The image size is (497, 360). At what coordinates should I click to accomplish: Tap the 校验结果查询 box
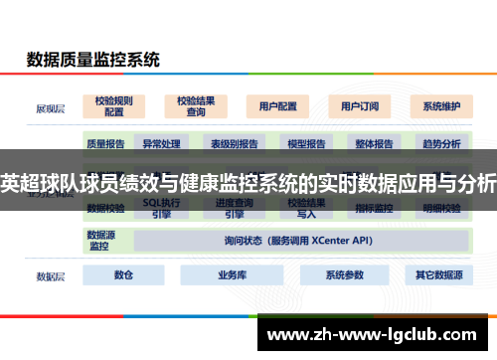click(196, 105)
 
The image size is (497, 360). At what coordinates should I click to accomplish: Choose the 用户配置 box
click(277, 105)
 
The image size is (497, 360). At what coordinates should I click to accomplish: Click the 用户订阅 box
click(360, 105)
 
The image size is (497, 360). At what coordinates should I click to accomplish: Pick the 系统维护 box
click(441, 105)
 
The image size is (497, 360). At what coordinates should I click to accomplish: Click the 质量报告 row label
click(105, 143)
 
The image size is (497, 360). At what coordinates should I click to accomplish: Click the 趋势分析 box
click(441, 143)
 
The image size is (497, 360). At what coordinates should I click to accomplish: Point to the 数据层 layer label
click(51, 275)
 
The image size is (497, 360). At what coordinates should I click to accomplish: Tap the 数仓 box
click(123, 275)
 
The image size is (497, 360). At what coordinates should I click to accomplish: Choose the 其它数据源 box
click(438, 275)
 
